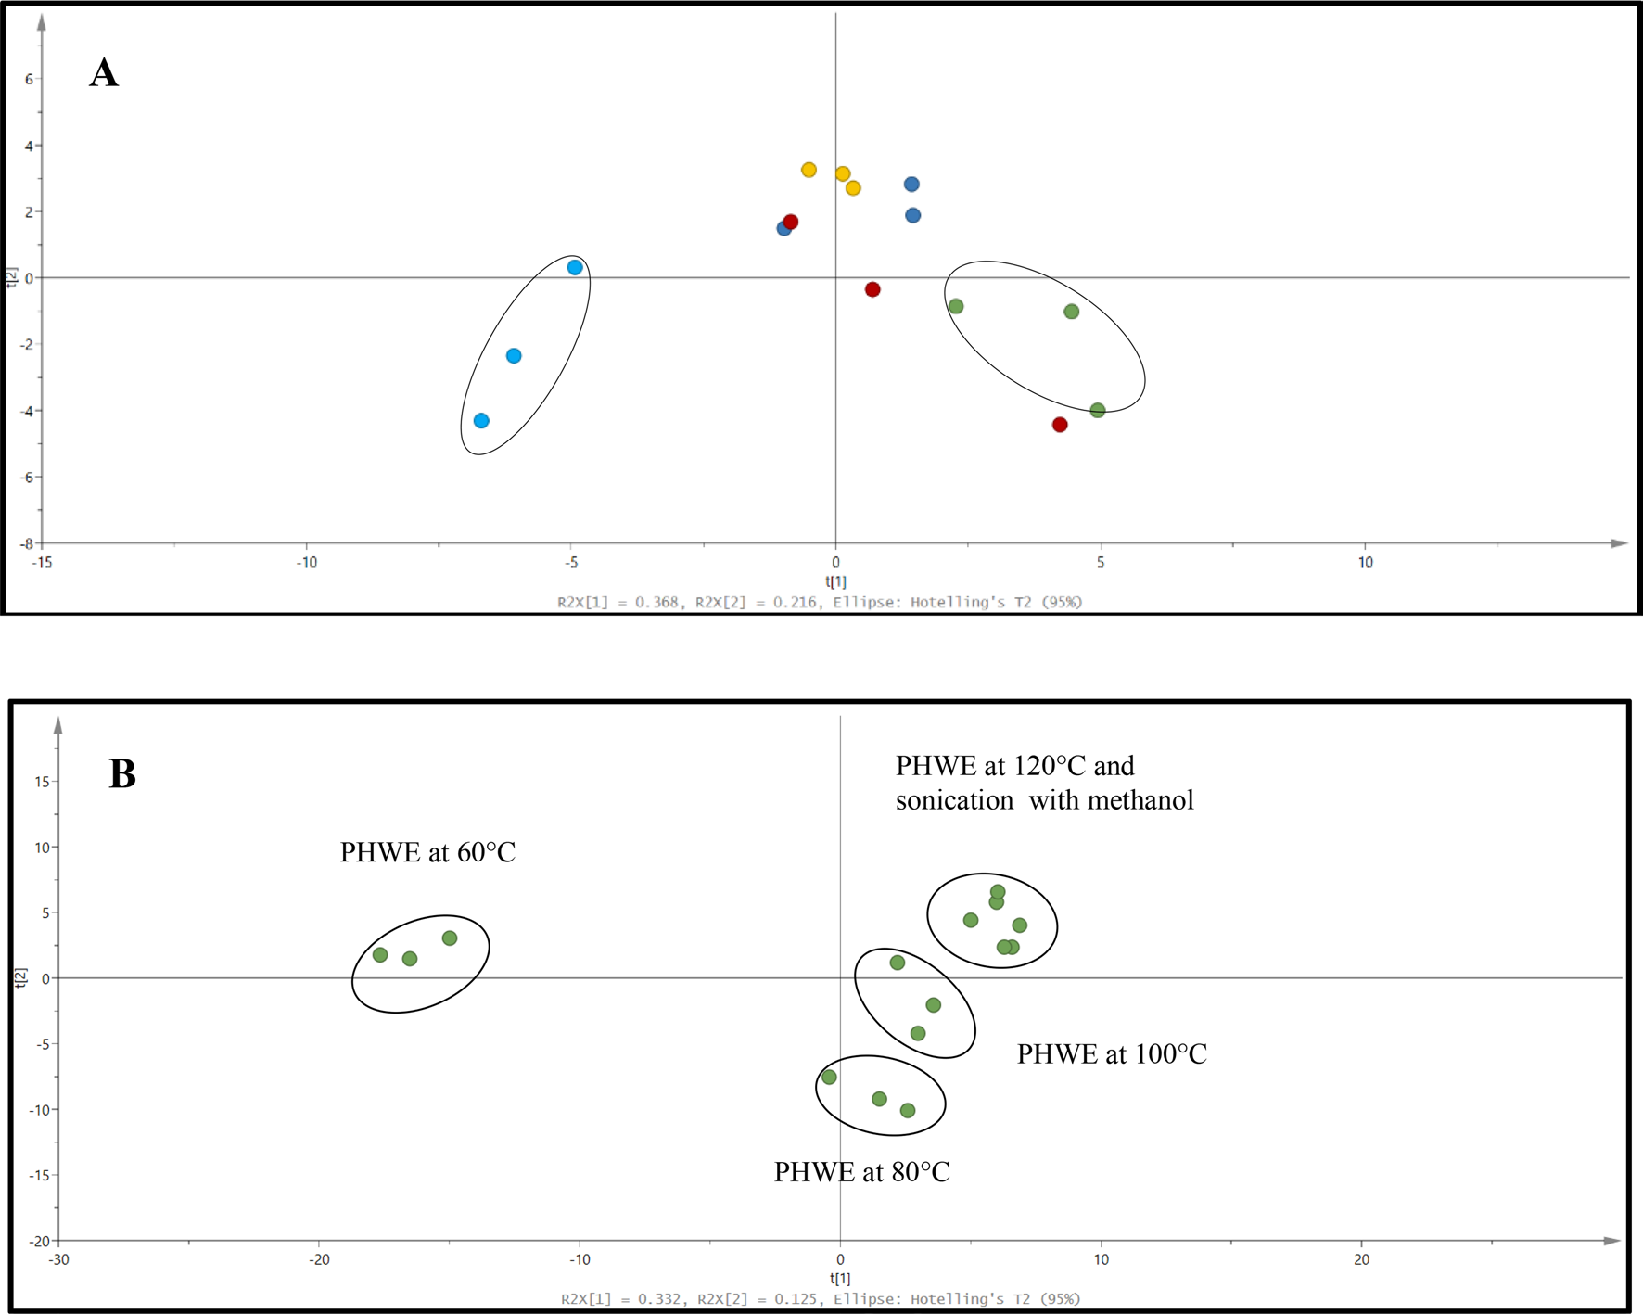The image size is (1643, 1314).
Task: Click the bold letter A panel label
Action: pyautogui.click(x=104, y=72)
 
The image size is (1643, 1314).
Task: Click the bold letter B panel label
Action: pyautogui.click(x=122, y=773)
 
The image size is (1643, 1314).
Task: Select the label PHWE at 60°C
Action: pyautogui.click(x=427, y=852)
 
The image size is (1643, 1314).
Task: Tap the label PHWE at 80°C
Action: pyautogui.click(x=862, y=1172)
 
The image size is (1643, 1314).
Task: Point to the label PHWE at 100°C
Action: pyautogui.click(x=1112, y=1054)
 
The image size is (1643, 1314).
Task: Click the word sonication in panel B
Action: pyautogui.click(x=955, y=800)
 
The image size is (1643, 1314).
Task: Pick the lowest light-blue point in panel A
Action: pyautogui.click(x=481, y=421)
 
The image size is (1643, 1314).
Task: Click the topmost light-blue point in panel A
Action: pyautogui.click(x=575, y=267)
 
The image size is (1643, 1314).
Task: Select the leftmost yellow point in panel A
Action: pyautogui.click(x=809, y=170)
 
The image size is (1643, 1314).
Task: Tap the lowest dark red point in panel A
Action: pyautogui.click(x=1060, y=425)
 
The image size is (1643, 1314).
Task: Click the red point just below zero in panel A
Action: pyautogui.click(x=872, y=289)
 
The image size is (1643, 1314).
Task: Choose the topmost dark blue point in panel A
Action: pyautogui.click(x=911, y=185)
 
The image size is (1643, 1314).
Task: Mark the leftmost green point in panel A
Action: pyautogui.click(x=956, y=306)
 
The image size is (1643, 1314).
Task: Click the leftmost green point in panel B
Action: pyautogui.click(x=380, y=955)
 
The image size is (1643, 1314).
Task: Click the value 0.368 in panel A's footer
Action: pyautogui.click(x=657, y=602)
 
